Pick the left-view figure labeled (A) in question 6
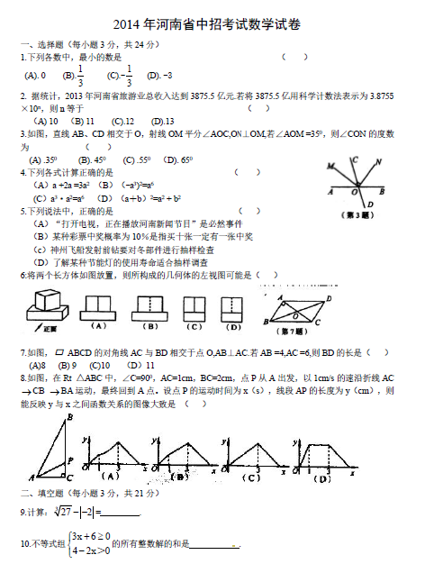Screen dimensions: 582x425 coord(100,306)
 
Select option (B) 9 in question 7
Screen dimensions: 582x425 coord(66,365)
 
